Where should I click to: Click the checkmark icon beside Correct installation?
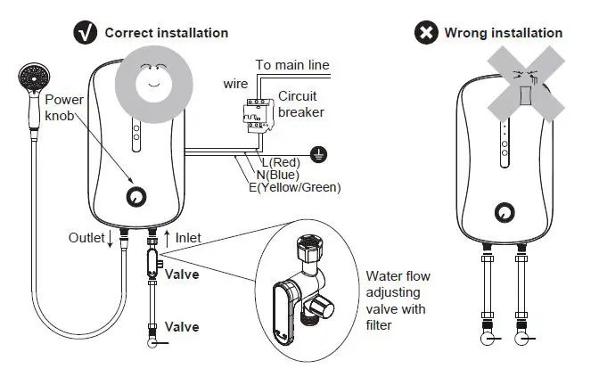click(86, 33)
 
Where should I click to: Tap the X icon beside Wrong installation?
click(426, 33)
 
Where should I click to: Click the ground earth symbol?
click(318, 154)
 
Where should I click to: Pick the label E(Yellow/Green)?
click(294, 187)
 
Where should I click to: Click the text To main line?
click(292, 65)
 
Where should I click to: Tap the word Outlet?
click(86, 238)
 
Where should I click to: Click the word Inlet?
click(188, 238)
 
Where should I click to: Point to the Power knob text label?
click(63, 109)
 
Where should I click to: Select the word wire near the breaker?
click(235, 84)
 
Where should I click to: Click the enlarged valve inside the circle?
click(302, 286)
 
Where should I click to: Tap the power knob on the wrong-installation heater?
click(505, 211)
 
